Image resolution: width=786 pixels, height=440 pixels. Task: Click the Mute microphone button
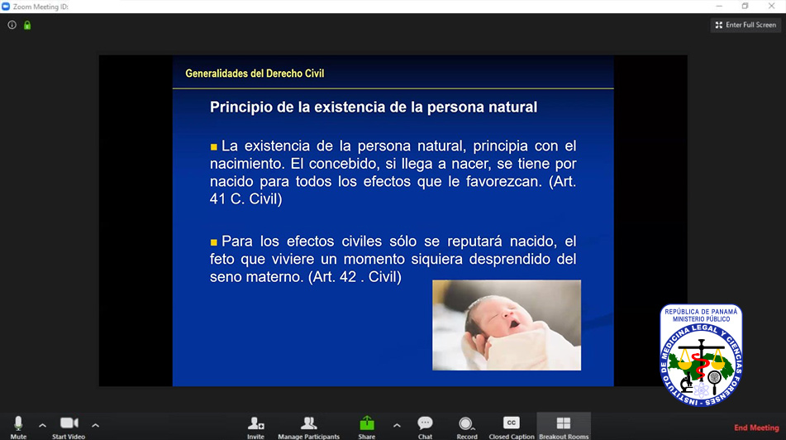[18, 427]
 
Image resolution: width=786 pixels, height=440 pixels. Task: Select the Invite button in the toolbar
[255, 427]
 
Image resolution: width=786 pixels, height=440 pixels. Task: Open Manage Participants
[309, 427]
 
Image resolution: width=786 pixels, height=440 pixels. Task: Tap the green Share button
[367, 427]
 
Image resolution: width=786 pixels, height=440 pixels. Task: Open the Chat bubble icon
[425, 427]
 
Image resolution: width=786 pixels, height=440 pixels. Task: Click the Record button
[467, 427]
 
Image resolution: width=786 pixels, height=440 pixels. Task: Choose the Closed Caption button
[512, 427]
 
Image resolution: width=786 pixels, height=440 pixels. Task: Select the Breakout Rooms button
[564, 427]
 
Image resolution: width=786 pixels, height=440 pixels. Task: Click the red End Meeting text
[756, 428]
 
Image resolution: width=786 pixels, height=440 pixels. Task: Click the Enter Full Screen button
[746, 25]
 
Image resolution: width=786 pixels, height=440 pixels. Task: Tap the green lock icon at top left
[27, 25]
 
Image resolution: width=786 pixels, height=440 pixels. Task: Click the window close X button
[771, 6]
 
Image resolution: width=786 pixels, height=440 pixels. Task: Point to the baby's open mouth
[514, 323]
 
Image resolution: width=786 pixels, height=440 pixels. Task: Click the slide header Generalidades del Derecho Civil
[255, 74]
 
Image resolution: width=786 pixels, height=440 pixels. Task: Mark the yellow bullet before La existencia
[213, 147]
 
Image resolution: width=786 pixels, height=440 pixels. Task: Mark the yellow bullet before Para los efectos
[213, 242]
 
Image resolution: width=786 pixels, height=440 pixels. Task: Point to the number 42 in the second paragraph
[348, 277]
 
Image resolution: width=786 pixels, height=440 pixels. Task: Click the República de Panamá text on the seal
[701, 312]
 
